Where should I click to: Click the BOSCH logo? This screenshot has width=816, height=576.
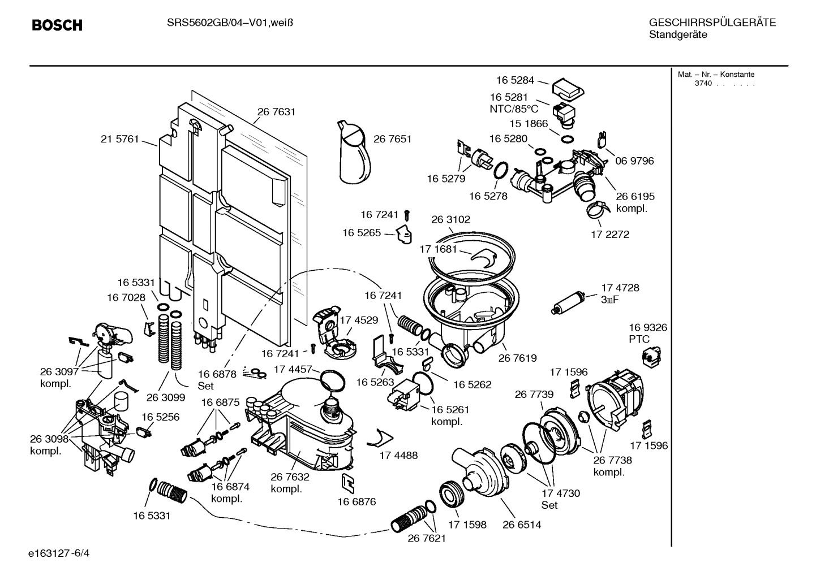[x=57, y=25]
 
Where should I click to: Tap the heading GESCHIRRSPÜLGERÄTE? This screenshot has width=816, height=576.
[x=712, y=23]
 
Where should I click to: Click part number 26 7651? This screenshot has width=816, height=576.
[x=392, y=139]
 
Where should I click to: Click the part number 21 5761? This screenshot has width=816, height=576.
[x=119, y=139]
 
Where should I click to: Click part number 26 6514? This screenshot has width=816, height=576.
[x=521, y=525]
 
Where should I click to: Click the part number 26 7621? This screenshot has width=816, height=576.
[x=427, y=538]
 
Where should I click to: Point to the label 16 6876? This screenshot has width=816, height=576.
[x=357, y=501]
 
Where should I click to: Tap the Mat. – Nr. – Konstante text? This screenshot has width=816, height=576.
[x=716, y=74]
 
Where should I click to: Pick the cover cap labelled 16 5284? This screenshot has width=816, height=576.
[x=568, y=88]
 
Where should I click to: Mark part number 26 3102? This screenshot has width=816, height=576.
[x=450, y=219]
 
